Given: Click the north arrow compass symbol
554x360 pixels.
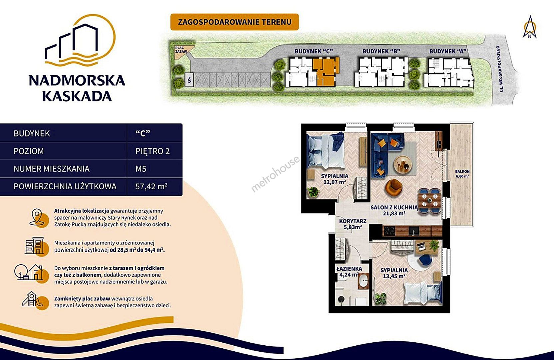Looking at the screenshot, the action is pyautogui.click(x=530, y=27).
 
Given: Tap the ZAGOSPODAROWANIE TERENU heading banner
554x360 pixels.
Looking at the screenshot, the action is pyautogui.click(x=235, y=22).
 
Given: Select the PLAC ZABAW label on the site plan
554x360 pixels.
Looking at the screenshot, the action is pyautogui.click(x=181, y=50).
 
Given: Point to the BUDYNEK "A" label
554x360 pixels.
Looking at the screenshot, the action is pyautogui.click(x=448, y=51).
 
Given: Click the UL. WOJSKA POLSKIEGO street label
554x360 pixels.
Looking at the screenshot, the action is pyautogui.click(x=502, y=69).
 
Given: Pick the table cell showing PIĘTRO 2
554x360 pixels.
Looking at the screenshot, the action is pyautogui.click(x=153, y=151).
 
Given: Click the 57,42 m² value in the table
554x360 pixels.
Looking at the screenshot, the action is pyautogui.click(x=151, y=186).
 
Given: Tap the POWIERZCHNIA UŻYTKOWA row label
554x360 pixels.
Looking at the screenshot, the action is pyautogui.click(x=65, y=186).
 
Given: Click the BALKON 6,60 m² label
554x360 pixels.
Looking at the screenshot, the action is pyautogui.click(x=462, y=174).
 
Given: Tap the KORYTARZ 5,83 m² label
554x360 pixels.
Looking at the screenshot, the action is pyautogui.click(x=352, y=224).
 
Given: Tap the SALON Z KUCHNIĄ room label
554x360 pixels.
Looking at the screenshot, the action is pyautogui.click(x=394, y=208).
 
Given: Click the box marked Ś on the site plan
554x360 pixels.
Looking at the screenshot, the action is pyautogui.click(x=190, y=80).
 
